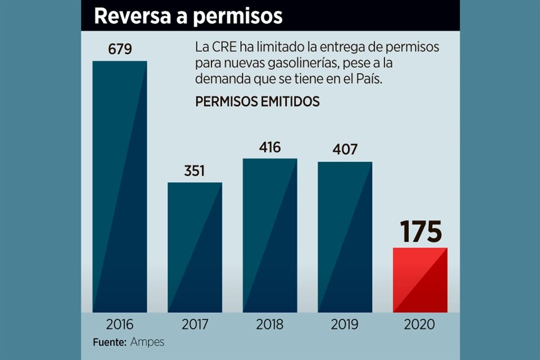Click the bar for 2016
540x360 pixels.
click(x=120, y=186)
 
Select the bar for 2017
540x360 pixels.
click(x=195, y=247)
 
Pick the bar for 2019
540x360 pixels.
click(x=345, y=237)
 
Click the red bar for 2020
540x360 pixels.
click(x=420, y=280)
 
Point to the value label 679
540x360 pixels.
click(x=120, y=49)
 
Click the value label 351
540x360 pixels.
click(x=195, y=170)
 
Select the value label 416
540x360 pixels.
click(x=270, y=147)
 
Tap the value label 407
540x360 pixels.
click(x=345, y=150)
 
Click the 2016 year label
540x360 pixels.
click(x=120, y=325)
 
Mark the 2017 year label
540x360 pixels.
click(x=195, y=325)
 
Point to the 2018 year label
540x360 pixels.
click(x=270, y=325)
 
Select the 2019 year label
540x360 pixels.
click(x=345, y=325)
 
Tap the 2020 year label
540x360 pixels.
click(x=420, y=325)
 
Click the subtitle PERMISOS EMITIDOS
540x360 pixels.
click(x=257, y=102)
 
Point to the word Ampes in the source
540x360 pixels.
click(x=147, y=341)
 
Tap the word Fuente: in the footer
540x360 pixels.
click(x=110, y=341)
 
